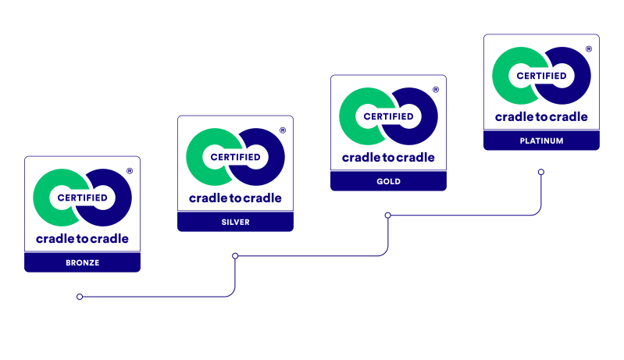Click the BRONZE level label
82,262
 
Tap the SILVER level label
235,222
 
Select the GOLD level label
388,181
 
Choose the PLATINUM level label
541,141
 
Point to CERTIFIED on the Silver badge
235,157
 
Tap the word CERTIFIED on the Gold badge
388,116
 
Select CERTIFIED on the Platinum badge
541,76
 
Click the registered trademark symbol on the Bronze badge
129,170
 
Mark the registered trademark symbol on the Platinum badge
588,48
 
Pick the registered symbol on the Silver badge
282,130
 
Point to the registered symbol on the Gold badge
435,89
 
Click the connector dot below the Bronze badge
80,297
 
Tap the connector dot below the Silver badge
235,255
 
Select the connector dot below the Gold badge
388,215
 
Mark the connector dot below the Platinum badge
541,172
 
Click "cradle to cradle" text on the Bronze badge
82,238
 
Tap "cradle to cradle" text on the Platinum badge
541,116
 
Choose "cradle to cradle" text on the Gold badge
388,157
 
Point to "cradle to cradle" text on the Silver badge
235,198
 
